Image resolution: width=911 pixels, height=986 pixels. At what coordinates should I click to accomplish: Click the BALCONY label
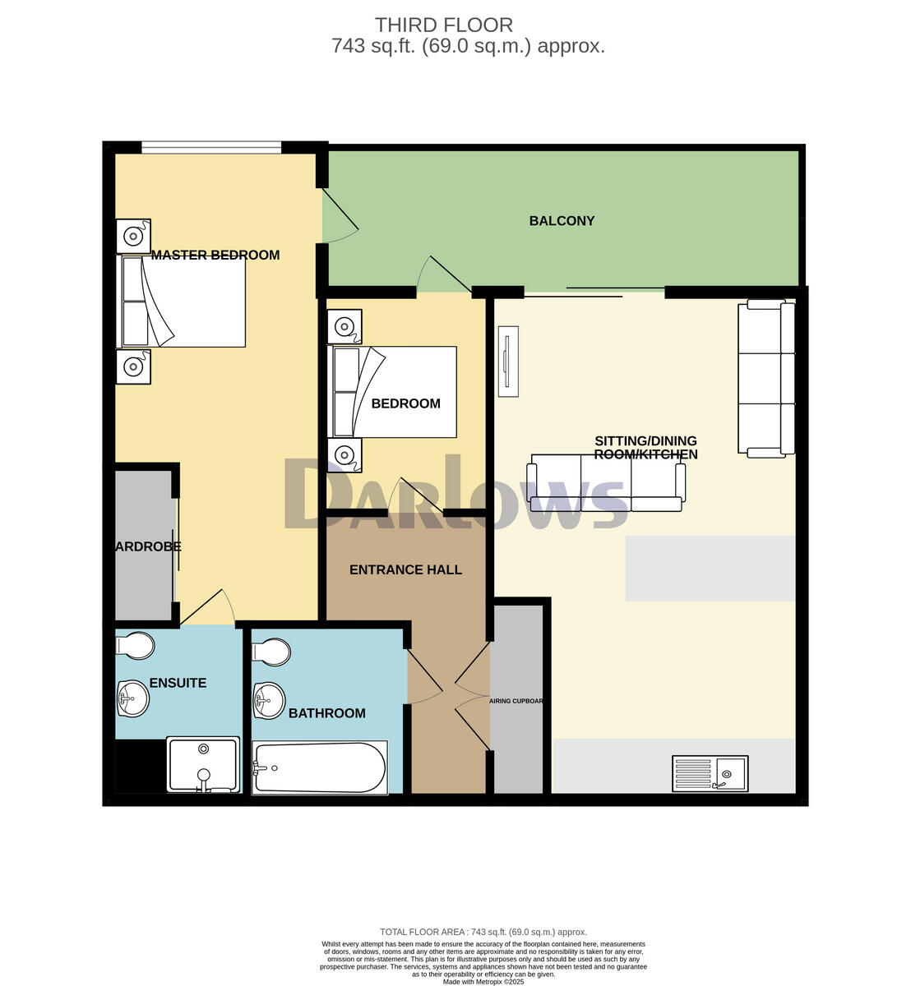[562, 221]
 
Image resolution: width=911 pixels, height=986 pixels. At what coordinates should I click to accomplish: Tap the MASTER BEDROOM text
[215, 256]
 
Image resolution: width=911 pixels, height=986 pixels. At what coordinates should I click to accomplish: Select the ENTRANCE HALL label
[405, 570]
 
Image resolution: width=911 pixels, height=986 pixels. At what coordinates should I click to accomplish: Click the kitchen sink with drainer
[710, 773]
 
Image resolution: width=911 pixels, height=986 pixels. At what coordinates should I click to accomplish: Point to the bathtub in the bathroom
[320, 767]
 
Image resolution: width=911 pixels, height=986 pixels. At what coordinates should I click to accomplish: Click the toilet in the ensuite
[135, 645]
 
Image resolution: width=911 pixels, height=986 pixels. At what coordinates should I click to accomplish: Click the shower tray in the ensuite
[203, 765]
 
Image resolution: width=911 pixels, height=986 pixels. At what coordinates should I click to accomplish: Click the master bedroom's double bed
[184, 302]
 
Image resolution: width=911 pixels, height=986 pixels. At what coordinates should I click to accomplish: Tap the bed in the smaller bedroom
[393, 392]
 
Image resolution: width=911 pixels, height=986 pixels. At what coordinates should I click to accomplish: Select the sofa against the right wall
[766, 378]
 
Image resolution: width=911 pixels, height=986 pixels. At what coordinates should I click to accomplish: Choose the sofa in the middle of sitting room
[606, 482]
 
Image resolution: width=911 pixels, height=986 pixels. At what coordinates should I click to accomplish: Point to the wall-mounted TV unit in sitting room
[508, 361]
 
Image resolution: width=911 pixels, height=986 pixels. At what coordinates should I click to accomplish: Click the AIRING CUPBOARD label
[516, 701]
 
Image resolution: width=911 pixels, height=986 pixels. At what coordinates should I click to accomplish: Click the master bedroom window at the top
[211, 148]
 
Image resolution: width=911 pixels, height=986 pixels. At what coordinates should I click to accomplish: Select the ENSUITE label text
[178, 684]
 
